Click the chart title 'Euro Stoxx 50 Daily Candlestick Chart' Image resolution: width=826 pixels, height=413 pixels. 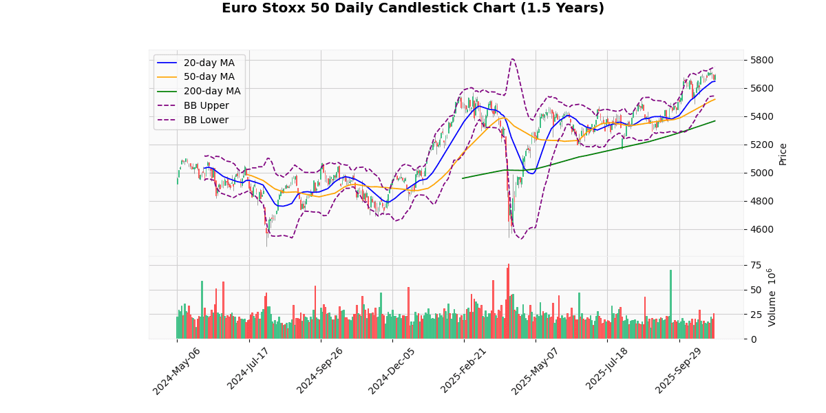click(x=413, y=9)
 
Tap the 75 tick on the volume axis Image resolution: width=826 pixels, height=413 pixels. click(x=755, y=265)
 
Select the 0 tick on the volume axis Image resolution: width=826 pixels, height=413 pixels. click(x=752, y=339)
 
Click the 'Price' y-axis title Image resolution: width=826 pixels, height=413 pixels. click(x=783, y=153)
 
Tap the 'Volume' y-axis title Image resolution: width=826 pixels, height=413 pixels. click(x=772, y=297)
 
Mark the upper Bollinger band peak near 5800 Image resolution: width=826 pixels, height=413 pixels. click(x=513, y=59)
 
